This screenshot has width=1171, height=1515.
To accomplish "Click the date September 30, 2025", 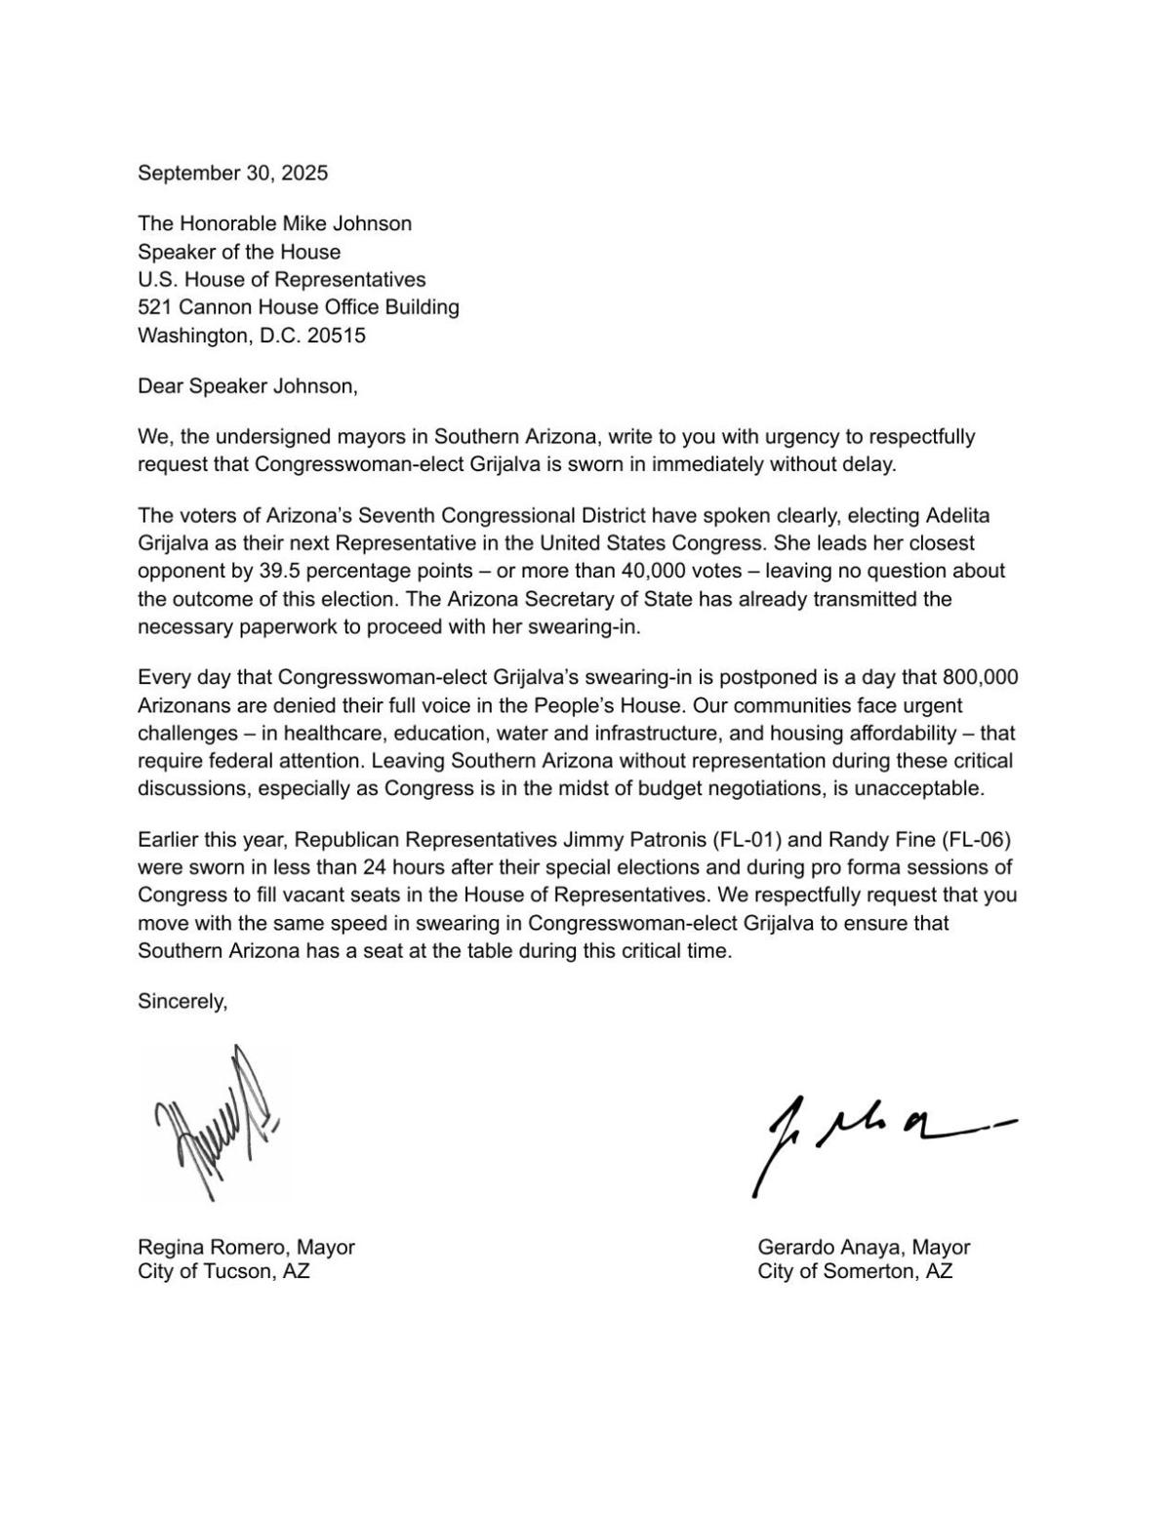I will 232,174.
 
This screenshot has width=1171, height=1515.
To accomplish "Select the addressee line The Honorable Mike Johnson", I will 274,223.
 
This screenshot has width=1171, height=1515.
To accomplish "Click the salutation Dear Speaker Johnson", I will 247,386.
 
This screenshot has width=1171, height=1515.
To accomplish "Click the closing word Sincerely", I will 182,1001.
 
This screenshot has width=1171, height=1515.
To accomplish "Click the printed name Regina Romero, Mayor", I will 246,1248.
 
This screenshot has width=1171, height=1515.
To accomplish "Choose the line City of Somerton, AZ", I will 855,1272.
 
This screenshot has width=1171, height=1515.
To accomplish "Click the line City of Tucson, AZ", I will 223,1272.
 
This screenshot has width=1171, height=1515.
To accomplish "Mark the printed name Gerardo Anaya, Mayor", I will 864,1248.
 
